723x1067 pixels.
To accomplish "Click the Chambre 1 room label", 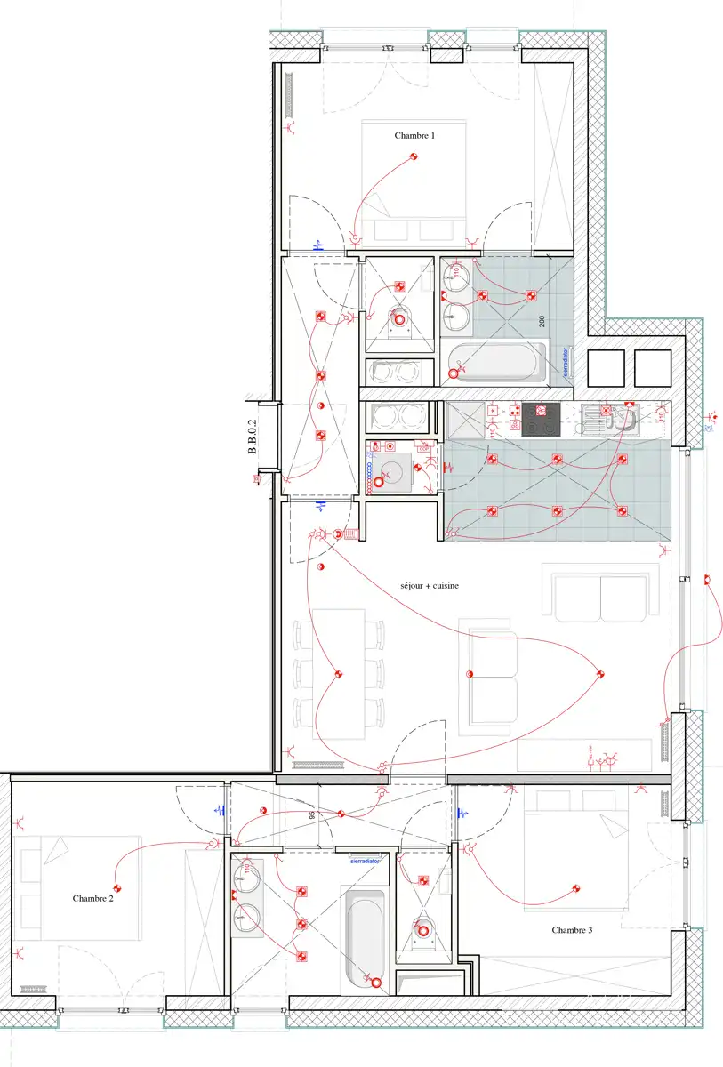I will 414,136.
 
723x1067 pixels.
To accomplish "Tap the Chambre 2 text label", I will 93,899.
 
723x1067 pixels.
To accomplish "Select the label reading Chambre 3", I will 572,930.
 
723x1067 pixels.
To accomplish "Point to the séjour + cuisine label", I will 429,586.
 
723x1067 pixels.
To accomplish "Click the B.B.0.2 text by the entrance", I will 253,438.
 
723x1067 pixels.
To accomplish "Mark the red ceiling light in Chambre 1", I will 414,157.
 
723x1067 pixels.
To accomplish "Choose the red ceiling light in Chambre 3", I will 576,887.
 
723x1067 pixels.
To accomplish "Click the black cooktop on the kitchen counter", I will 540,419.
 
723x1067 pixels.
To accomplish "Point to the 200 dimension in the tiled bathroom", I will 540,321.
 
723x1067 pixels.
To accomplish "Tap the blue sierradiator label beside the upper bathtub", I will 565,362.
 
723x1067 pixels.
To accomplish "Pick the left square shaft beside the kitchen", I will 606,367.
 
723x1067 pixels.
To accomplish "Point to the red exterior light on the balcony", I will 708,581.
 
